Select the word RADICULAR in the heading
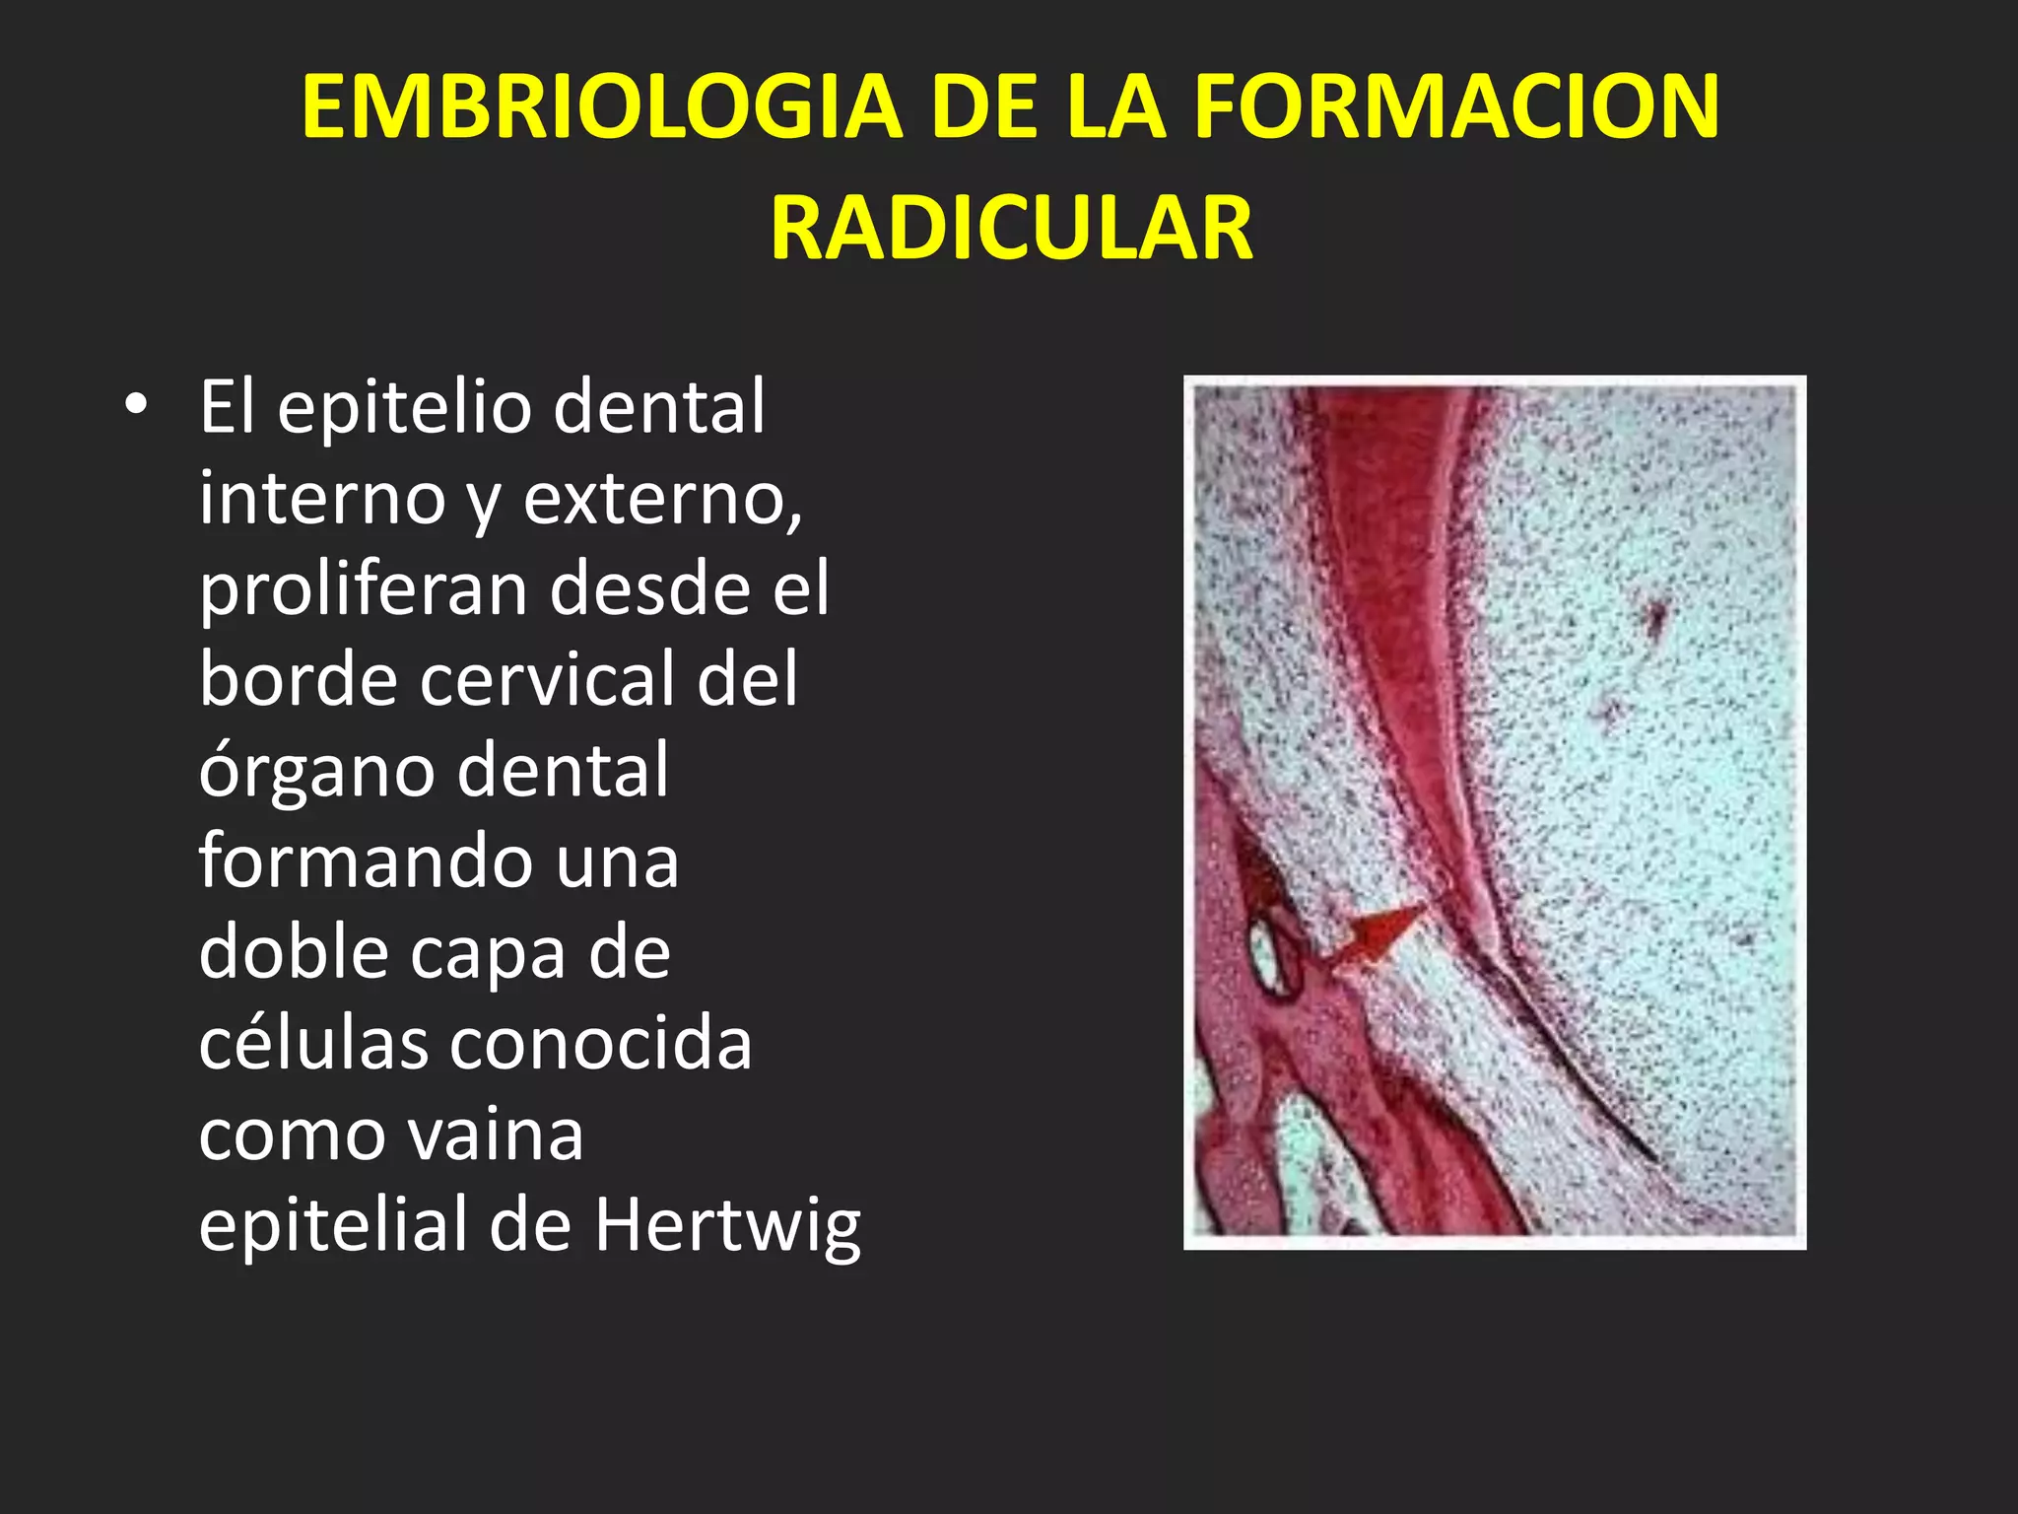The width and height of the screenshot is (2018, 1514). pyautogui.click(x=1011, y=229)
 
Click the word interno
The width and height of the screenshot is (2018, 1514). pyautogui.click(x=322, y=498)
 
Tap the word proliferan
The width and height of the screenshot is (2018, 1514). pyautogui.click(x=364, y=588)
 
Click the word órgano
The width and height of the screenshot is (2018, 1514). pyautogui.click(x=316, y=771)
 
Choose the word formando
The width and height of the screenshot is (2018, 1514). pyautogui.click(x=365, y=860)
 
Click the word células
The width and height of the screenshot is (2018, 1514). pyautogui.click(x=313, y=1043)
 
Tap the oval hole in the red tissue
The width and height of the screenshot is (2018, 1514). pyautogui.click(x=1270, y=952)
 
